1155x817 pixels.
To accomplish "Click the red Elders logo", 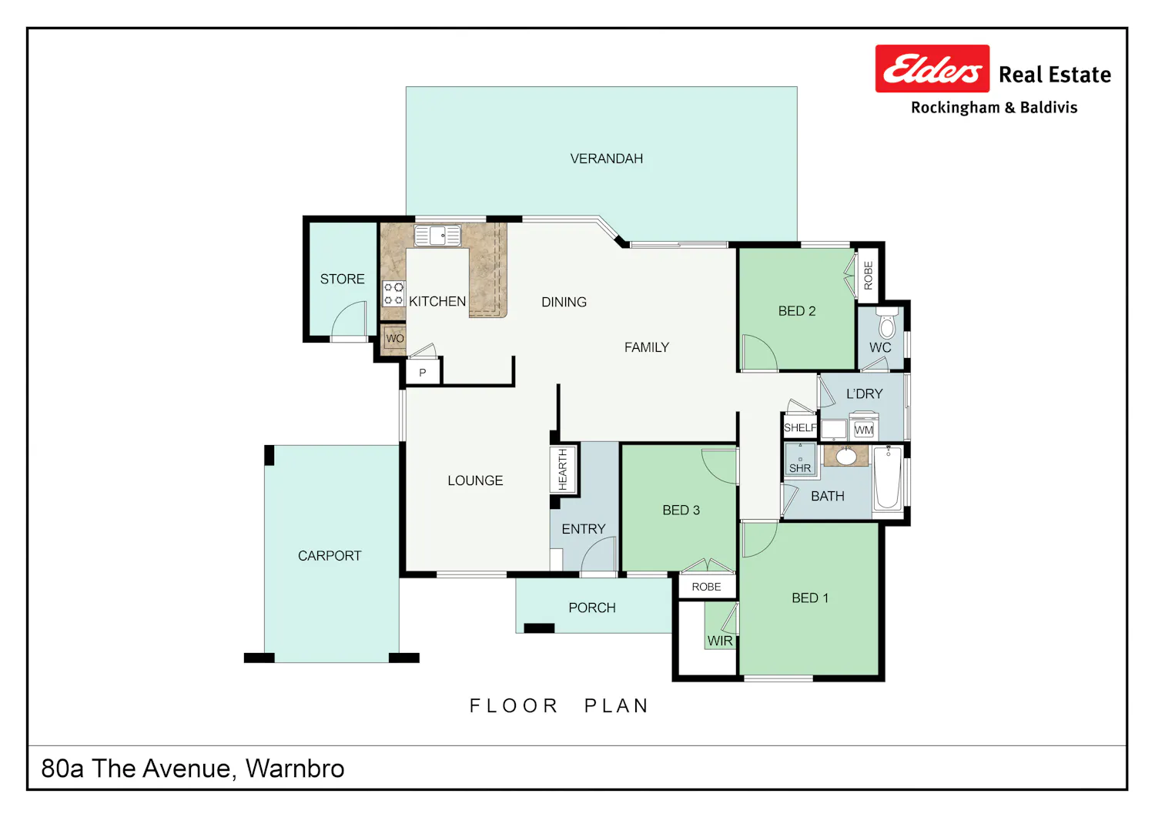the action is pos(932,69).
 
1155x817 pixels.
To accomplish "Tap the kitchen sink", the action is pos(437,236).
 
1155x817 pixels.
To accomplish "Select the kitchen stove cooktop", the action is pos(393,293).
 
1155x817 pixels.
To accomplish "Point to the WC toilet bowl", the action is pos(887,323).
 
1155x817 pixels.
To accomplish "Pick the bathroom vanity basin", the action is pos(846,456).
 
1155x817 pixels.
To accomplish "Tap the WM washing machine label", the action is pos(864,430).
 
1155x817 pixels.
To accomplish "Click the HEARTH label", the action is pos(563,469).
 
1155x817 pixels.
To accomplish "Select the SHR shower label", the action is pos(800,468).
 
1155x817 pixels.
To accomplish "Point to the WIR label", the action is pos(720,641).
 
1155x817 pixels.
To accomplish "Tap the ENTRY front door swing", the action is pos(599,554).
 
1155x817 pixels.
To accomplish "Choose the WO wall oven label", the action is pos(395,338).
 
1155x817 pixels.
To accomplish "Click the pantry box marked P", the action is pos(423,372).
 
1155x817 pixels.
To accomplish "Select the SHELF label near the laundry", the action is pos(800,427).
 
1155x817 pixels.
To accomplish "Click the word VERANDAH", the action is pos(607,159).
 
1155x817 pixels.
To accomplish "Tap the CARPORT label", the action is pos(330,555).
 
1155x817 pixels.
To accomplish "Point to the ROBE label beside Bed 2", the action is pos(869,276).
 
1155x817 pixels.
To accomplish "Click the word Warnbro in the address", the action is pos(295,768).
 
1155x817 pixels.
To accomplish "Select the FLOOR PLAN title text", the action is pos(560,705).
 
